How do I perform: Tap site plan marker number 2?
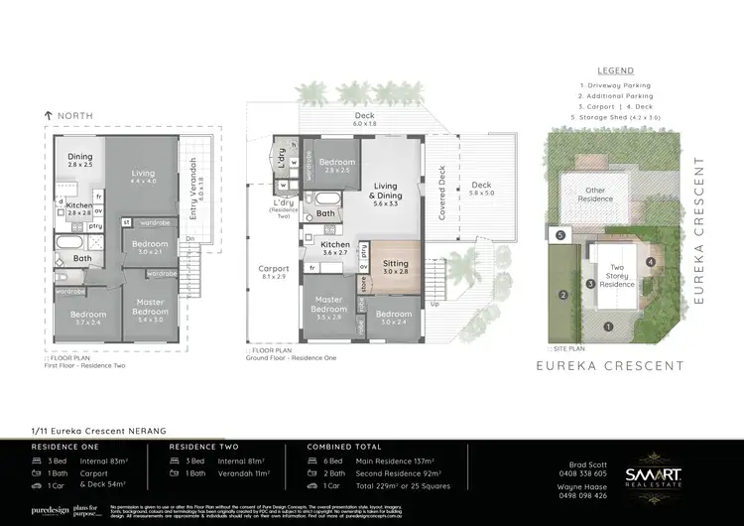[x=562, y=295]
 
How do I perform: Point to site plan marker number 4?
[x=650, y=262]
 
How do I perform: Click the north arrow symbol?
[x=49, y=116]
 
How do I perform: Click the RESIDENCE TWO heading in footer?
[x=197, y=447]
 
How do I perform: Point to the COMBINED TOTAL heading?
[x=342, y=447]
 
